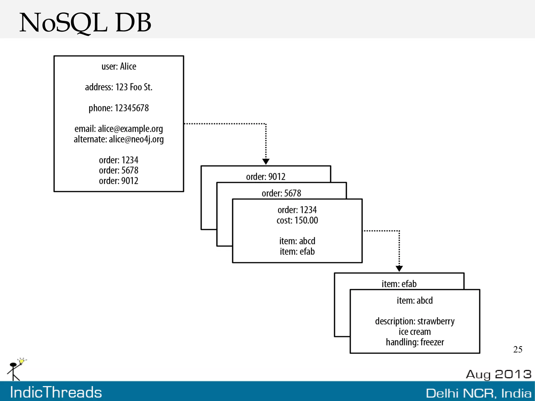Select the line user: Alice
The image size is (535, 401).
[119, 66]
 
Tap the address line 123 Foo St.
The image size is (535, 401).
[119, 87]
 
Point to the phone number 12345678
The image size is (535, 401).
[119, 108]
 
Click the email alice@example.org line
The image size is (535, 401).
[119, 129]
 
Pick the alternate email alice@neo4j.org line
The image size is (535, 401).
[119, 139]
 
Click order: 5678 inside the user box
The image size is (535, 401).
[119, 170]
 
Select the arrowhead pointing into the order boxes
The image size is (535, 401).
[266, 161]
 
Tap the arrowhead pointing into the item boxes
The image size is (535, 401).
[399, 269]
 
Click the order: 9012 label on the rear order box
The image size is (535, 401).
[266, 177]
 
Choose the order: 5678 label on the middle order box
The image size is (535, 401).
[281, 193]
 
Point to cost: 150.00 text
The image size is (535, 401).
[297, 220]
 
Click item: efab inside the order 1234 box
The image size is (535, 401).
[297, 252]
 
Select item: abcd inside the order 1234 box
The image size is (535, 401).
[297, 241]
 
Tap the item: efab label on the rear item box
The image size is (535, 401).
[399, 284]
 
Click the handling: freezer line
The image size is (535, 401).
[415, 342]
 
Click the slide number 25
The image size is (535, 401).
[518, 350]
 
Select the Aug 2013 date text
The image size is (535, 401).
[499, 374]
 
